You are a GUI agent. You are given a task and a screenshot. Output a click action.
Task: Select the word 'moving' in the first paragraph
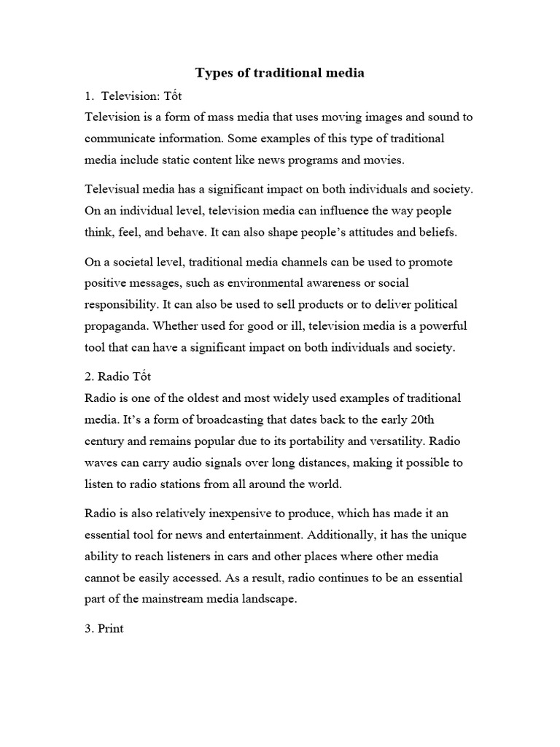(314, 117)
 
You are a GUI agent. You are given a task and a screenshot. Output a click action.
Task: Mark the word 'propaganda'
(117, 326)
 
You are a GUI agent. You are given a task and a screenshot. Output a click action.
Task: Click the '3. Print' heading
(104, 629)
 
